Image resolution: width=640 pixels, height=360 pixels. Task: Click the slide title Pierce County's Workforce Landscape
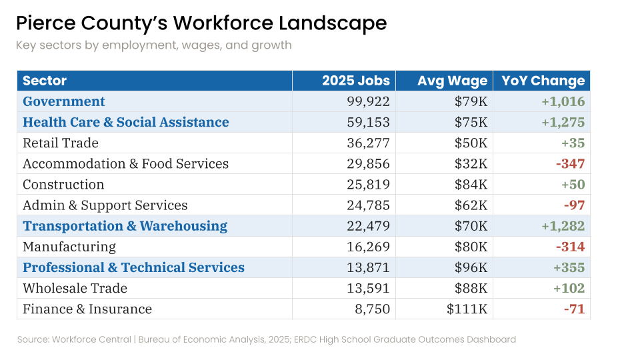click(201, 23)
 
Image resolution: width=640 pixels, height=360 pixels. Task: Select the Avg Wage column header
click(452, 81)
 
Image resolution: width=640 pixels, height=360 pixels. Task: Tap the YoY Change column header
click(543, 81)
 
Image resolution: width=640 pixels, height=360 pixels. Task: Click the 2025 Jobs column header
click(355, 81)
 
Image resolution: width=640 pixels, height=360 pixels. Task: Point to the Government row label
click(64, 102)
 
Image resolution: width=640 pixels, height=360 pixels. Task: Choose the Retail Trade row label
click(61, 143)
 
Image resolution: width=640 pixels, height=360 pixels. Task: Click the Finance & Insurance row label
click(87, 309)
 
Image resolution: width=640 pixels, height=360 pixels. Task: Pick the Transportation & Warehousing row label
click(125, 226)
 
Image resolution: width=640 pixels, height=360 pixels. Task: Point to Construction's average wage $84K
click(471, 185)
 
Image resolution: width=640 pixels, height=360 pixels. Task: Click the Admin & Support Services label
click(105, 205)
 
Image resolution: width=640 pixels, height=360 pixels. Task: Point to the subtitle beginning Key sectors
click(154, 45)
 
